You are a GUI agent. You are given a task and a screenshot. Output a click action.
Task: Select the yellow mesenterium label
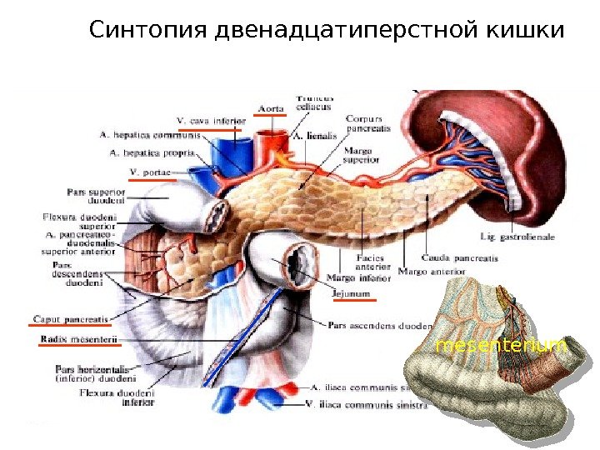click(501, 345)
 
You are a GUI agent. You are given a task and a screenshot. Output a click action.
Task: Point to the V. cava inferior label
click(212, 121)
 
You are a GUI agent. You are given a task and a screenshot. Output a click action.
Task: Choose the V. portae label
click(151, 172)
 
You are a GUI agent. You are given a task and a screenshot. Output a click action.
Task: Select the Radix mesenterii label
click(80, 340)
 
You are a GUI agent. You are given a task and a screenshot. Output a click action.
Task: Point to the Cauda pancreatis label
click(460, 258)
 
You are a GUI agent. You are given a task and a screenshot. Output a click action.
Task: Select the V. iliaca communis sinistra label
click(367, 406)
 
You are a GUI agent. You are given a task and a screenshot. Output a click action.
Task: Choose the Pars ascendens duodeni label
click(380, 325)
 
